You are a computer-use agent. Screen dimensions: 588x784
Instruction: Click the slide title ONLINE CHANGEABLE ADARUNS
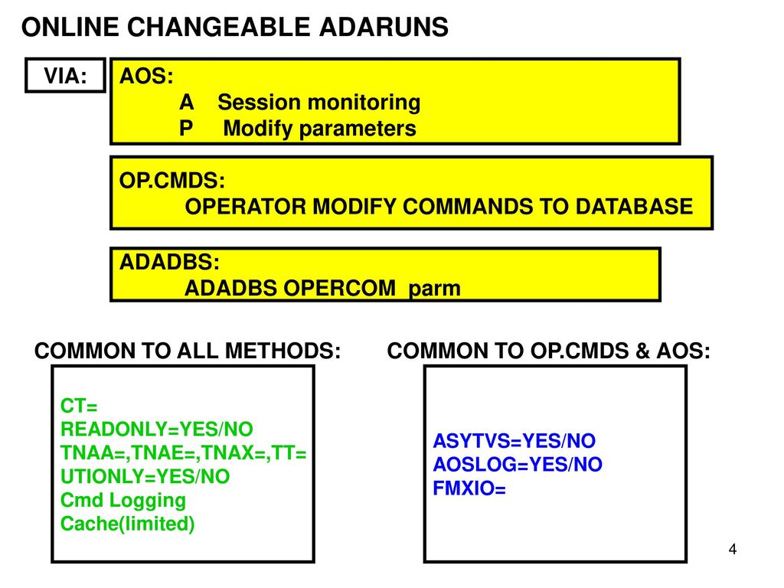point(234,28)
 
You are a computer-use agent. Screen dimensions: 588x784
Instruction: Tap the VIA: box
point(65,76)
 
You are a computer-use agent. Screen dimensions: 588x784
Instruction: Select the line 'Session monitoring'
point(318,103)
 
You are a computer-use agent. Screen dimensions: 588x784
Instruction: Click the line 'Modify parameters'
point(319,129)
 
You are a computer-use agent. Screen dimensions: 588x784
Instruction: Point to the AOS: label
point(146,77)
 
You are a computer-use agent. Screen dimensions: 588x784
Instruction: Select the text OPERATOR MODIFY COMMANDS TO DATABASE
point(439,207)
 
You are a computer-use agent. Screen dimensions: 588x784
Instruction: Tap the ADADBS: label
point(169,262)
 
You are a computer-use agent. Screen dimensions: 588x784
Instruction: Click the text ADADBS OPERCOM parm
point(322,289)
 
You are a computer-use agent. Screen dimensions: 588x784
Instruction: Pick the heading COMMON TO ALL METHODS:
point(188,351)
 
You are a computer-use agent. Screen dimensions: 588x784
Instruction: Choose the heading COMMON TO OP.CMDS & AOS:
point(549,351)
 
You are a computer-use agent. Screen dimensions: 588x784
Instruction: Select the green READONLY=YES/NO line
point(156,429)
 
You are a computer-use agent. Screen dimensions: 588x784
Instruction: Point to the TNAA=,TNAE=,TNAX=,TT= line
point(183,453)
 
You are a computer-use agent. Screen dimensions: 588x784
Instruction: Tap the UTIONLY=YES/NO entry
point(145,477)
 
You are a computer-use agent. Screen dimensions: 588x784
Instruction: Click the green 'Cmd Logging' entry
point(122,501)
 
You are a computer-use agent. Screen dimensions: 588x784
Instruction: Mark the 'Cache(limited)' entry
point(127,524)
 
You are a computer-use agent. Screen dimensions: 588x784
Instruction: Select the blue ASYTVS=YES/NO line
point(514,442)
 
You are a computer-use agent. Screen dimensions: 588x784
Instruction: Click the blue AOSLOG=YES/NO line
point(518,465)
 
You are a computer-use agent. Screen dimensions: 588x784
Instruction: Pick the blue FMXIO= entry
point(469,488)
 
